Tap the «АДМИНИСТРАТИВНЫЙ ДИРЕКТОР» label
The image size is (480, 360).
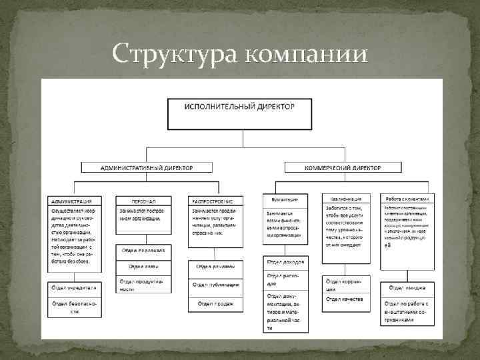147,169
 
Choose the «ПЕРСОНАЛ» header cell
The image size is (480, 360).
143,200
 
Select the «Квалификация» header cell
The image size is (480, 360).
345,199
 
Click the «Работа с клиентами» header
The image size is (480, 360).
408,198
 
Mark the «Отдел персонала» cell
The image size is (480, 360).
143,252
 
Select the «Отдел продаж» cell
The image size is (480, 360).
215,304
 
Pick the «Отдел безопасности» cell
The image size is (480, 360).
74,307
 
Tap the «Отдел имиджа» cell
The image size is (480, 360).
408,288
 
